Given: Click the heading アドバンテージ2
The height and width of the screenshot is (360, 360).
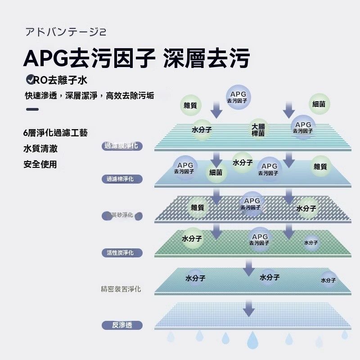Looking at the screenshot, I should [x=66, y=32].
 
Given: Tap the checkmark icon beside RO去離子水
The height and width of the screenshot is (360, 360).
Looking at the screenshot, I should [x=31, y=80].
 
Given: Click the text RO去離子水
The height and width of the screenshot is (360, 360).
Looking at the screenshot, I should [x=60, y=81].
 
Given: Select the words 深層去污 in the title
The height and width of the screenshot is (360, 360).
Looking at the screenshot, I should [x=207, y=58].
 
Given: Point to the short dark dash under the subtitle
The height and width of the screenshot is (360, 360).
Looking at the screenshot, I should [x=32, y=109].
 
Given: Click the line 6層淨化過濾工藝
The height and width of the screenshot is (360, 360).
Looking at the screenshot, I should [x=55, y=133].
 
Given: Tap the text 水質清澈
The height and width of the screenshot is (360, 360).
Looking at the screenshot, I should [x=40, y=148].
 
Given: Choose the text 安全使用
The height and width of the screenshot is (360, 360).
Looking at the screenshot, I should [x=40, y=164].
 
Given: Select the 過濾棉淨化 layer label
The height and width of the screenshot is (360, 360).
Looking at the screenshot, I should [x=121, y=180].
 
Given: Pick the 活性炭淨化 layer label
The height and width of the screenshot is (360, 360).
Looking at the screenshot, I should [x=121, y=252].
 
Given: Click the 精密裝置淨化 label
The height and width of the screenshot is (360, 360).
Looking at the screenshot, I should [x=121, y=288].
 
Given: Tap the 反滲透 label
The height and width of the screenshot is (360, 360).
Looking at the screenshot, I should [x=122, y=325].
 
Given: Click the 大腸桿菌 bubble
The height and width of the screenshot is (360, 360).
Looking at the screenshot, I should [x=258, y=130].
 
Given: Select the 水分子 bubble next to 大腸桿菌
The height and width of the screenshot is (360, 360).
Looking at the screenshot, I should [x=202, y=130].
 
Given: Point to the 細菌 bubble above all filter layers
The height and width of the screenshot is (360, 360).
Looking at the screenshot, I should [x=319, y=104].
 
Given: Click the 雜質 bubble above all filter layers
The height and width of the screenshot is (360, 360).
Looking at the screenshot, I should [x=190, y=105].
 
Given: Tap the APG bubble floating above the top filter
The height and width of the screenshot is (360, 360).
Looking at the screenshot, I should [x=238, y=97].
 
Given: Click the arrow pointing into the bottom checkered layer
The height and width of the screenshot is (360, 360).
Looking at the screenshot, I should [x=249, y=309].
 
